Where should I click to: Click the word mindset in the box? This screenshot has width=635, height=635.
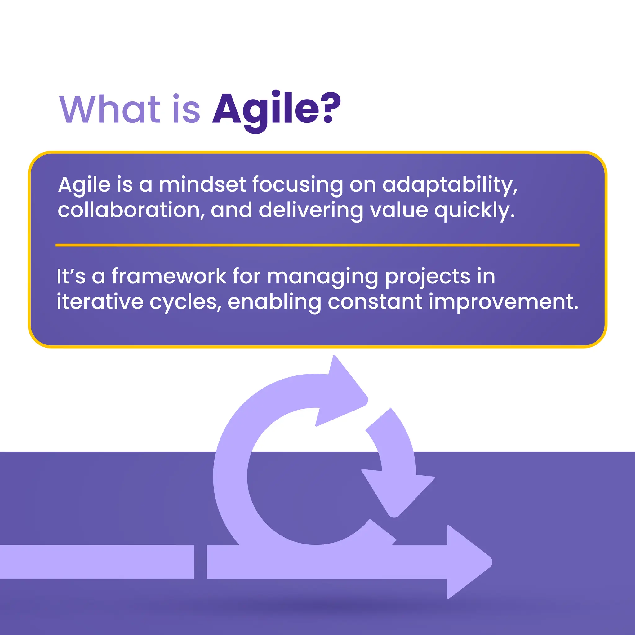pos(202,185)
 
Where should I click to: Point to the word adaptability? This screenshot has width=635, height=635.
pos(450,185)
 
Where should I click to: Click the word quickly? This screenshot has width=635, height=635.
pos(474,211)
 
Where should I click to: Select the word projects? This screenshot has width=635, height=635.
pos(427,277)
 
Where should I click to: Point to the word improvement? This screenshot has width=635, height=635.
pos(503,302)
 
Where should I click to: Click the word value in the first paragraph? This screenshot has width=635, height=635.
pos(399,210)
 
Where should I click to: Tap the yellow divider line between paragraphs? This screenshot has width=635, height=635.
pos(317,245)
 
